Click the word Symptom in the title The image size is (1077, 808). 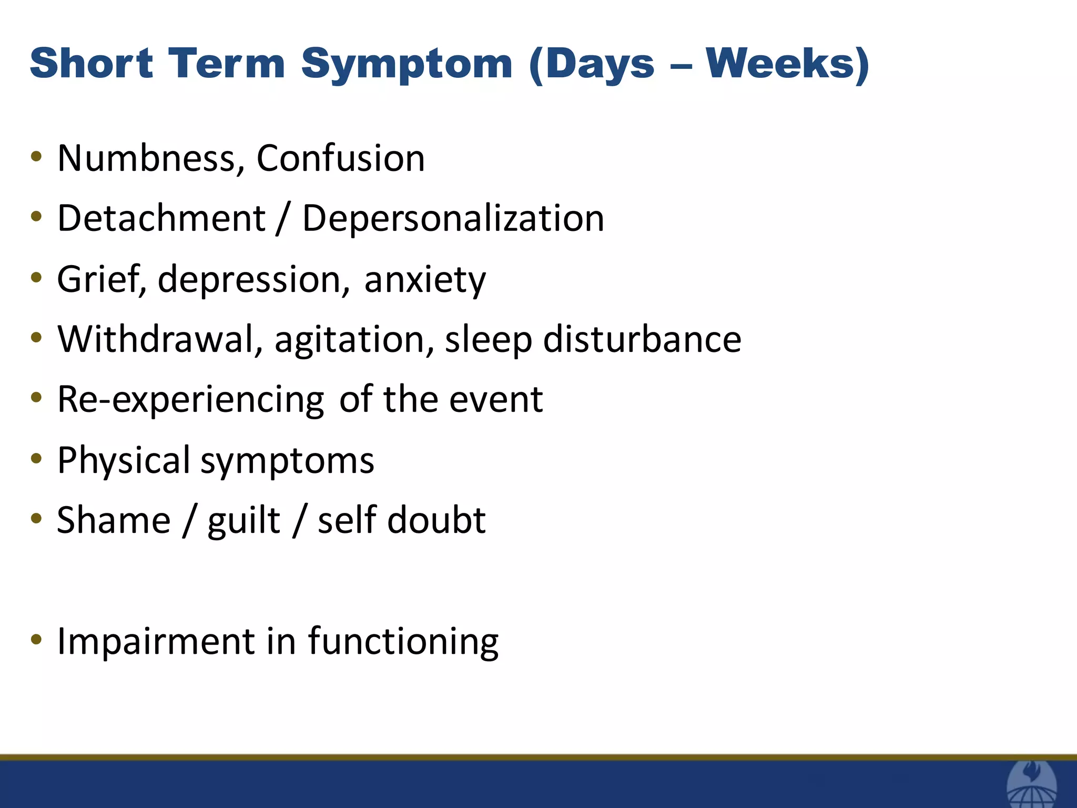click(x=407, y=64)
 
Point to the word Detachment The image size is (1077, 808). click(x=161, y=218)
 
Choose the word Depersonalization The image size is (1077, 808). click(x=453, y=218)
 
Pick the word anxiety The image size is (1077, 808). click(x=424, y=280)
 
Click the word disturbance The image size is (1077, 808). click(x=642, y=339)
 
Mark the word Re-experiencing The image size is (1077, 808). click(x=190, y=400)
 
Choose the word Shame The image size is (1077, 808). click(x=114, y=521)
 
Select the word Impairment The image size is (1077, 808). click(x=156, y=642)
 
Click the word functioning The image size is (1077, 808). click(x=403, y=642)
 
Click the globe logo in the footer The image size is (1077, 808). click(x=1031, y=787)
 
